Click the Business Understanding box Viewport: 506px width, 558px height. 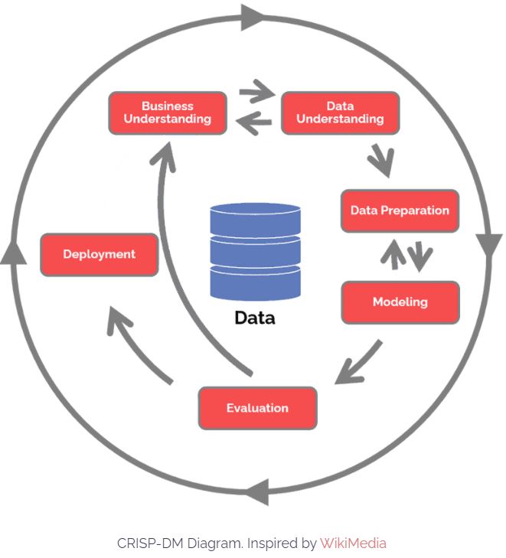168,113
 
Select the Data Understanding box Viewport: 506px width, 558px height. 340,113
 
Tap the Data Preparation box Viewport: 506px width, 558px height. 400,210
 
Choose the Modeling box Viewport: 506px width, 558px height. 400,302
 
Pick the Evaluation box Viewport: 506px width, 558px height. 257,408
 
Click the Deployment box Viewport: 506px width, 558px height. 99,255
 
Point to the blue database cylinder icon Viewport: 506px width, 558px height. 255,252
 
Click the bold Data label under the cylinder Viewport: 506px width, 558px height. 255,318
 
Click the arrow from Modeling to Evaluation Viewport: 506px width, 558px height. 357,363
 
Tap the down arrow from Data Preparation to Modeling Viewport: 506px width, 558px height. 419,256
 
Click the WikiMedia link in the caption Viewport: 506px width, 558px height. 353,543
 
